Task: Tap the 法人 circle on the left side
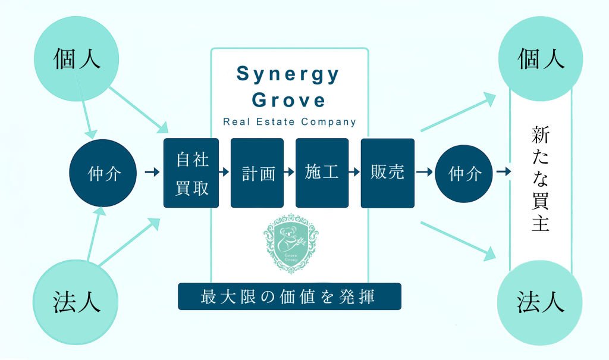coord(77,301)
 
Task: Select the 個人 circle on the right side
coord(541,58)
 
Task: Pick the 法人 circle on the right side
coord(541,301)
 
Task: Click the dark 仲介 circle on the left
coord(104,173)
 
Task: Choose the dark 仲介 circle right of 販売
coord(464,173)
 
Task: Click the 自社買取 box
coord(192,173)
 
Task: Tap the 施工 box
coord(322,173)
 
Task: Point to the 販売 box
coord(387,173)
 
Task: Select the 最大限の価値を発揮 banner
coord(290,296)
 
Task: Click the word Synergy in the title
coord(288,74)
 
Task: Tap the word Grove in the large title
coord(289,99)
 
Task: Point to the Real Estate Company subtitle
coord(290,122)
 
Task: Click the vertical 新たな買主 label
coord(540,179)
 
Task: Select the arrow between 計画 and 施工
coord(290,173)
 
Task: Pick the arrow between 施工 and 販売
coord(354,173)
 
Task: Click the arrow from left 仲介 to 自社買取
coord(152,173)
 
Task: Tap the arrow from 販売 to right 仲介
coord(424,173)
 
